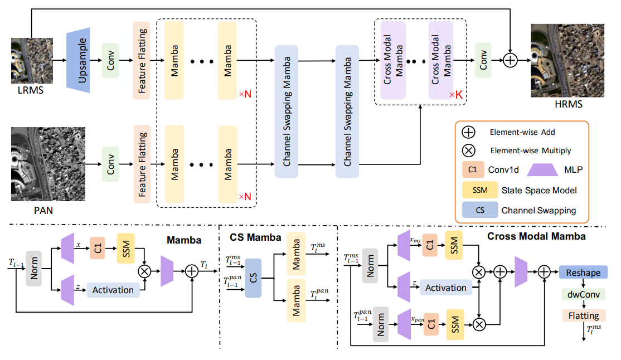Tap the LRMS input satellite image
[32, 60]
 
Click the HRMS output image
[566, 60]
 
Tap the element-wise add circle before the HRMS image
[510, 60]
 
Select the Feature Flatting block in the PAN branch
[142, 165]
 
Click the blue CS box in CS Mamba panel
[253, 277]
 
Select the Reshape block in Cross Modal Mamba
[583, 273]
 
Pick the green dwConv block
[583, 294]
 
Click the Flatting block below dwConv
[583, 316]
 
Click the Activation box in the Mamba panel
[113, 290]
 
